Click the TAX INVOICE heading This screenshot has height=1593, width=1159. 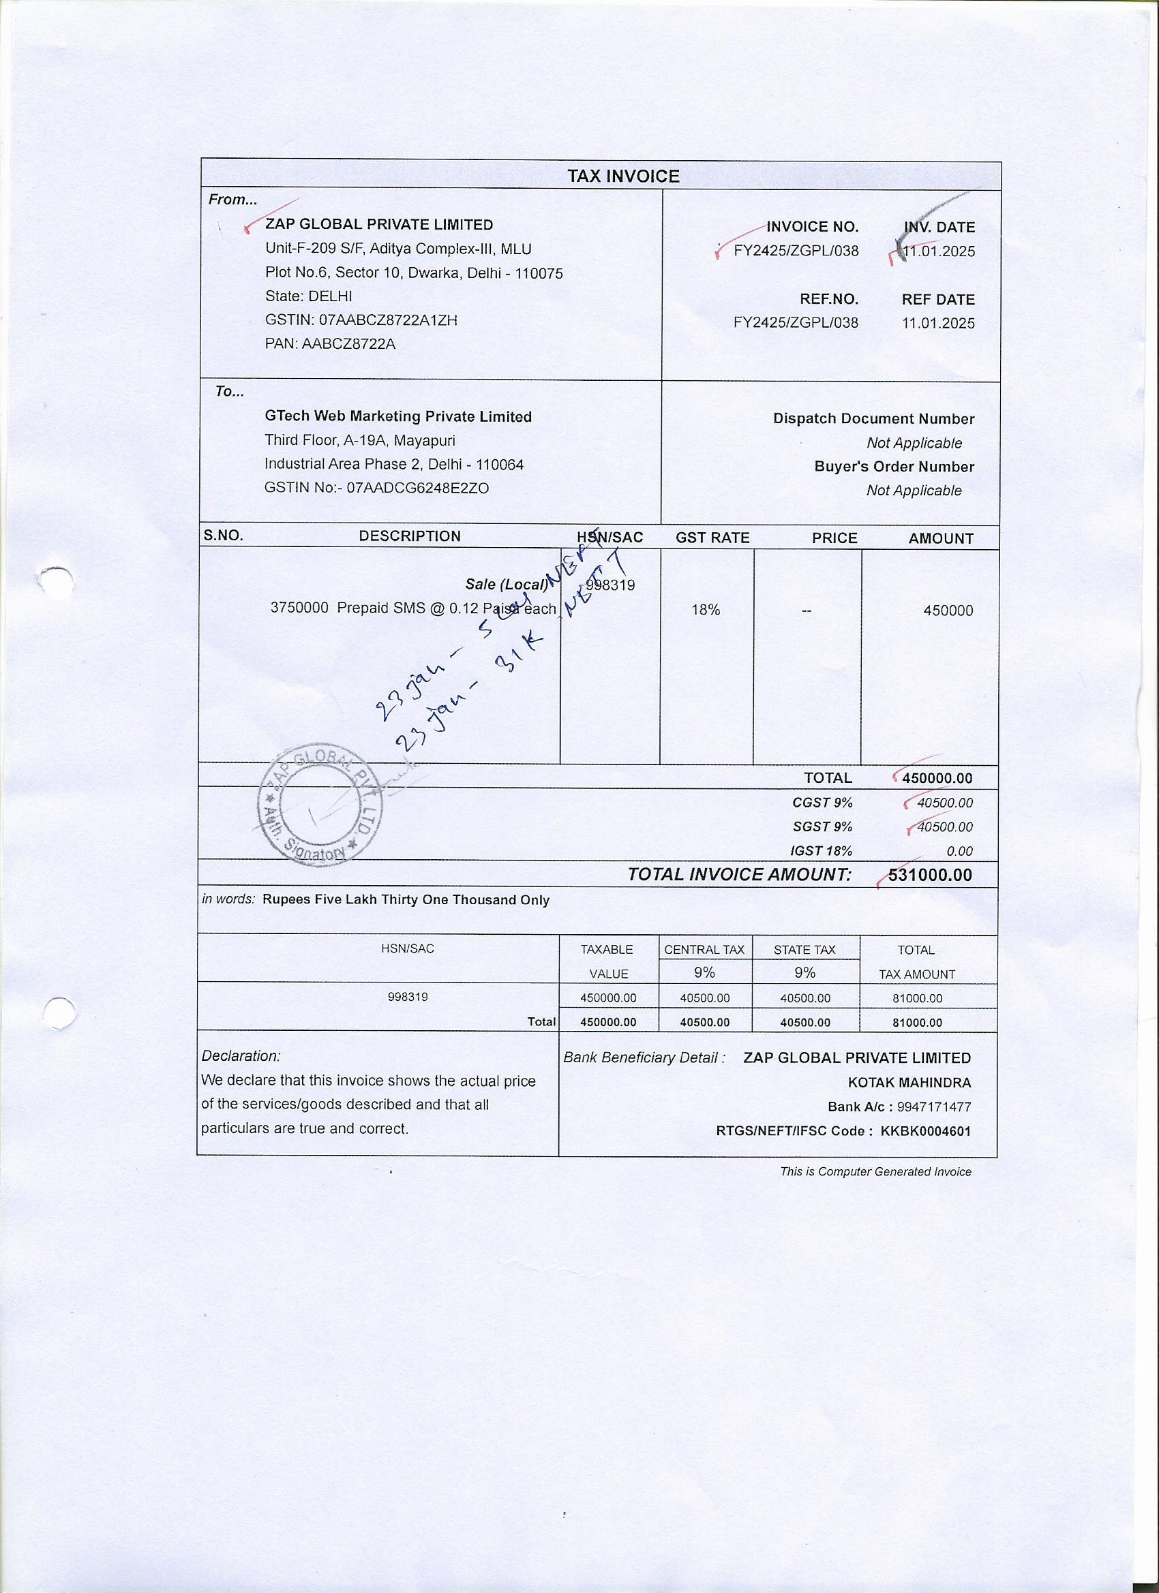622,176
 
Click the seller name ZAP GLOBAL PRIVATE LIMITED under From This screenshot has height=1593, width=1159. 379,225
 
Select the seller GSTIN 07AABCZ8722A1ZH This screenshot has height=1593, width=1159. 388,320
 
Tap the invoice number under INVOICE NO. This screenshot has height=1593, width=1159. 796,251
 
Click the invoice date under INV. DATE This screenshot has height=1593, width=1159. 939,251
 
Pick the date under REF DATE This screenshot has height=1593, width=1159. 938,323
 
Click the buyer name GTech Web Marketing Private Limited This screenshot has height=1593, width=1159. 398,416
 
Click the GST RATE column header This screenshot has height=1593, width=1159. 712,538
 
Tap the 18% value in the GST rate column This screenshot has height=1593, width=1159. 705,610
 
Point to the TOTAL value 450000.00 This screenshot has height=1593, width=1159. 937,778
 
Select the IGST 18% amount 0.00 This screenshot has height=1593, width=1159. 959,851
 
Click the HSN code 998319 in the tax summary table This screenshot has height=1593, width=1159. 408,997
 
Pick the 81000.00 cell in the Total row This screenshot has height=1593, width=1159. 916,1023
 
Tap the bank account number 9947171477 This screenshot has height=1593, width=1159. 934,1107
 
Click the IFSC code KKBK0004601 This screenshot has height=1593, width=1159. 926,1132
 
